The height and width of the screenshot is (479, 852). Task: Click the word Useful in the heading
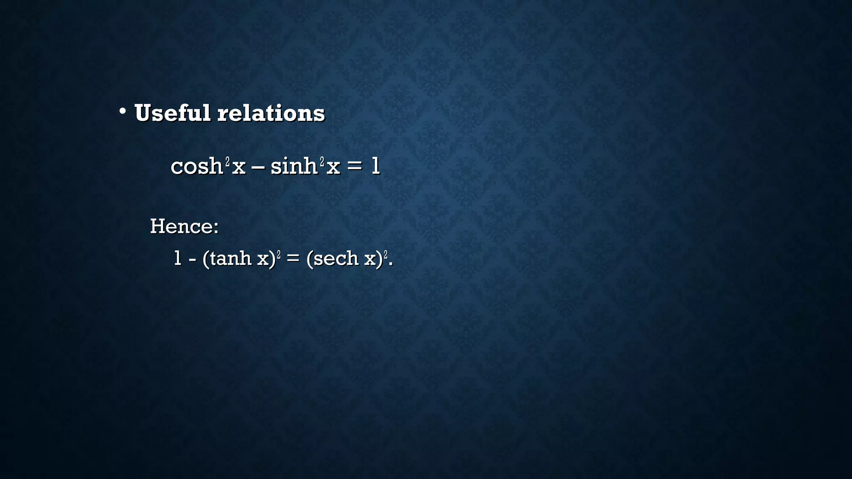172,113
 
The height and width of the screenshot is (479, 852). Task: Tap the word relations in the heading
271,113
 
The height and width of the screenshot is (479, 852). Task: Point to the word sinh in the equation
294,166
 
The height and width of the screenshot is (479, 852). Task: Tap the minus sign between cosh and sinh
258,167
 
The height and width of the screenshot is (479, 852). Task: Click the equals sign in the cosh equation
355,167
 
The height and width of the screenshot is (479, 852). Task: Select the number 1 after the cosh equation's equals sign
375,166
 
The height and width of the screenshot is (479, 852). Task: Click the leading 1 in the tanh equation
178,258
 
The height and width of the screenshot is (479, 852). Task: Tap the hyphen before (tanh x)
192,259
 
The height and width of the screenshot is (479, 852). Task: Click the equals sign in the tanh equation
293,259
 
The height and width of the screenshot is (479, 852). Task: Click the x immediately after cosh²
239,168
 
